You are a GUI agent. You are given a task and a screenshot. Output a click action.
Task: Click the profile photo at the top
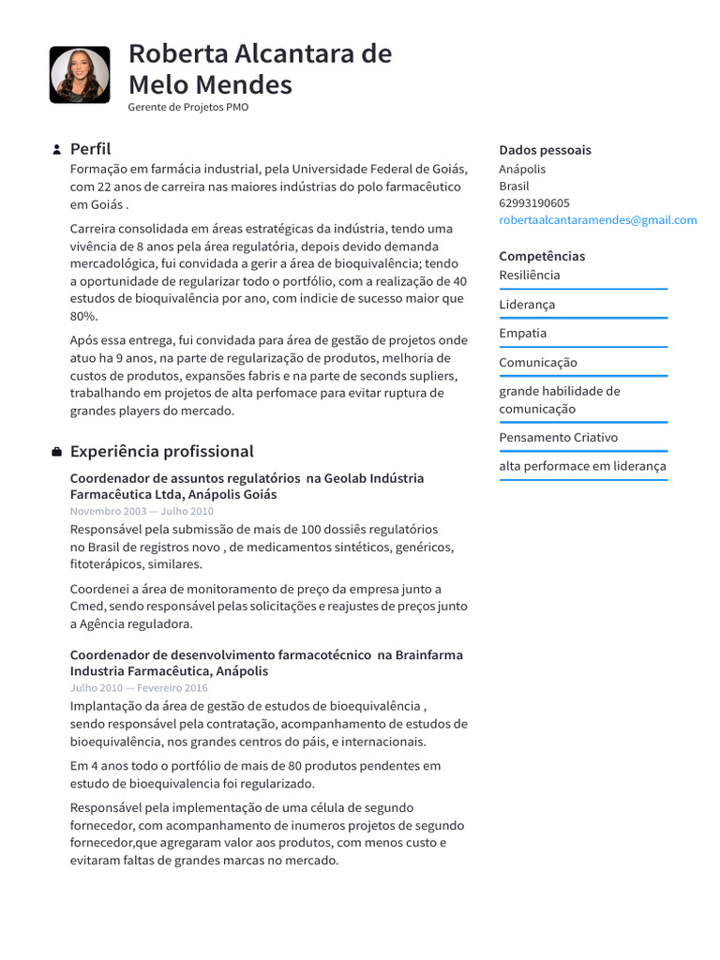(79, 75)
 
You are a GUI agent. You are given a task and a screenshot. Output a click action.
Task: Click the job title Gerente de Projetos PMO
(187, 107)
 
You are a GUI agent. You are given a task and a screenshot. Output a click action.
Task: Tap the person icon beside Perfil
(56, 150)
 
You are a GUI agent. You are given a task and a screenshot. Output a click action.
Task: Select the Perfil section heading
(90, 149)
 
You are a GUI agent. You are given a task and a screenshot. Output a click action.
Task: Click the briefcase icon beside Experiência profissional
(56, 452)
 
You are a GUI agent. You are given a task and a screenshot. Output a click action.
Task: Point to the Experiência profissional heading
(161, 451)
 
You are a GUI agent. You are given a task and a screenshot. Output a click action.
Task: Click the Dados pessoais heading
(545, 150)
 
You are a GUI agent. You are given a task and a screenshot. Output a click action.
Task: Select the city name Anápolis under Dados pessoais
(522, 169)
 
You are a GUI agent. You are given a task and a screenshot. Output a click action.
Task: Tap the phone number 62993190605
(533, 202)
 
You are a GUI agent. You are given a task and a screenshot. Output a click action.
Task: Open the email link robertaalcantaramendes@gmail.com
(597, 220)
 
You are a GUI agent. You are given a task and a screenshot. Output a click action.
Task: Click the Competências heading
(541, 256)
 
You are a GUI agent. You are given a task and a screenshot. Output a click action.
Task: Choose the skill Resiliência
(529, 275)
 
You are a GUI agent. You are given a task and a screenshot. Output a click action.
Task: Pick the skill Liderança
(526, 305)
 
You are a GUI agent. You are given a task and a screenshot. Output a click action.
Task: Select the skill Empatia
(522, 333)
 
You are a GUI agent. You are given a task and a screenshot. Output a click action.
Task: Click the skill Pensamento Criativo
(558, 437)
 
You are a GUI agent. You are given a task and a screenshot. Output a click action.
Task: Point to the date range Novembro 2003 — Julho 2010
(142, 511)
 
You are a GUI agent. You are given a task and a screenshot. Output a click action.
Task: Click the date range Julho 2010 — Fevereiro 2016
(139, 687)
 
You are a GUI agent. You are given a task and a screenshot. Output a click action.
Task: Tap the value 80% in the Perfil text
(83, 317)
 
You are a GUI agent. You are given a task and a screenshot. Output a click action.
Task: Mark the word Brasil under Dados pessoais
(514, 186)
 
